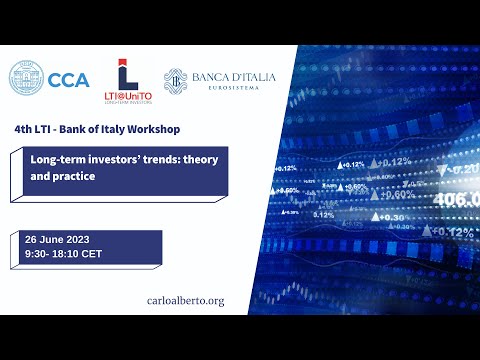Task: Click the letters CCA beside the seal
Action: pos(68,80)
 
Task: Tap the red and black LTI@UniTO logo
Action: pos(127,81)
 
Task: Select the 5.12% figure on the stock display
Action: pos(324,214)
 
